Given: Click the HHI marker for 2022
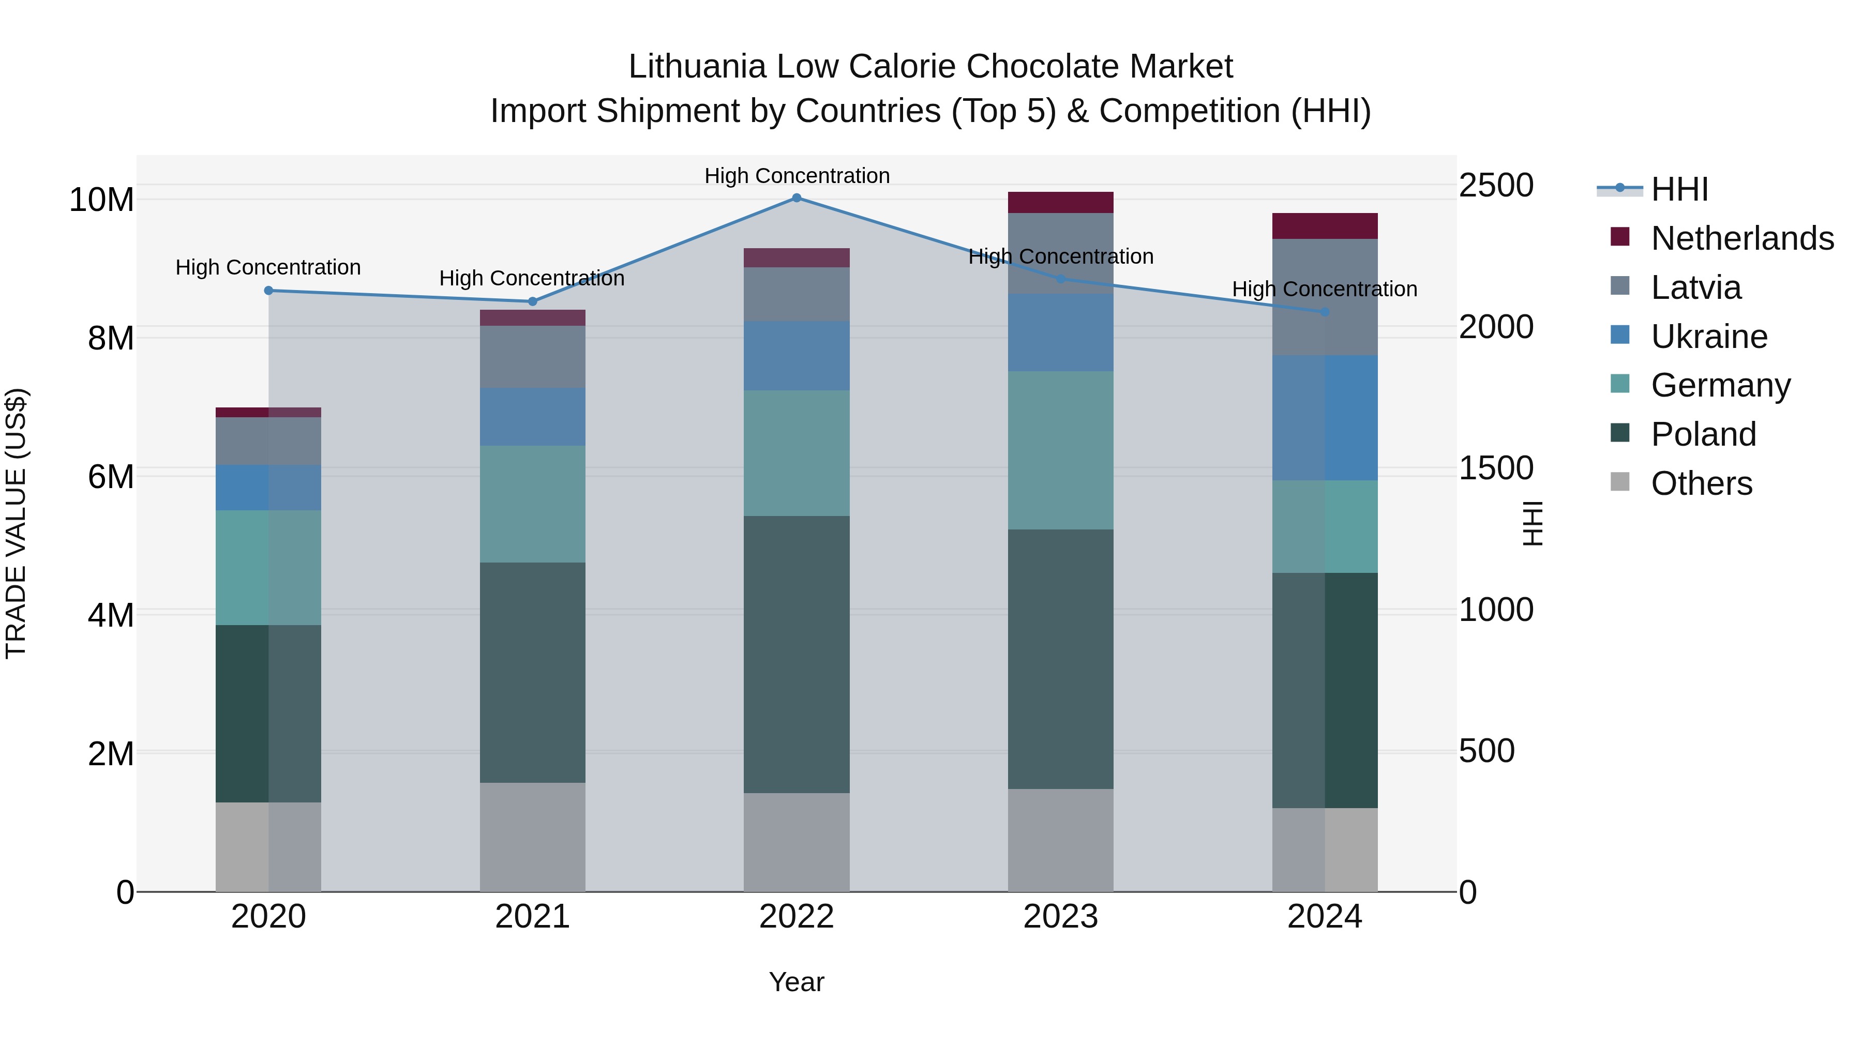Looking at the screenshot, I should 797,198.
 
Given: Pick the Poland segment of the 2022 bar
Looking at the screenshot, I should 797,654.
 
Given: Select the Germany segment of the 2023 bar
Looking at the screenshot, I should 1060,450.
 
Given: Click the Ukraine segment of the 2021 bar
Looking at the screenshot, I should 532,417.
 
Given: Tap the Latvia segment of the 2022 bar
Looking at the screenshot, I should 797,294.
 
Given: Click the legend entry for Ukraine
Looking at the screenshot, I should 1709,337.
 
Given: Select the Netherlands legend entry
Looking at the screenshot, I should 1742,238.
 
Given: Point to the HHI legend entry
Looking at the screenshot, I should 1679,189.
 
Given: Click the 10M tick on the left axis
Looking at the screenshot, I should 101,200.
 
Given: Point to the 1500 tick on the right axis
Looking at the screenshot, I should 1495,468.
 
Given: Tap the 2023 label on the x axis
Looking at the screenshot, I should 1060,917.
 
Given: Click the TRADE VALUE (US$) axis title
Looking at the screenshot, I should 16,523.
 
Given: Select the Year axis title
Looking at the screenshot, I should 797,982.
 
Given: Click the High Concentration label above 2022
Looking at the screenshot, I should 797,176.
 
